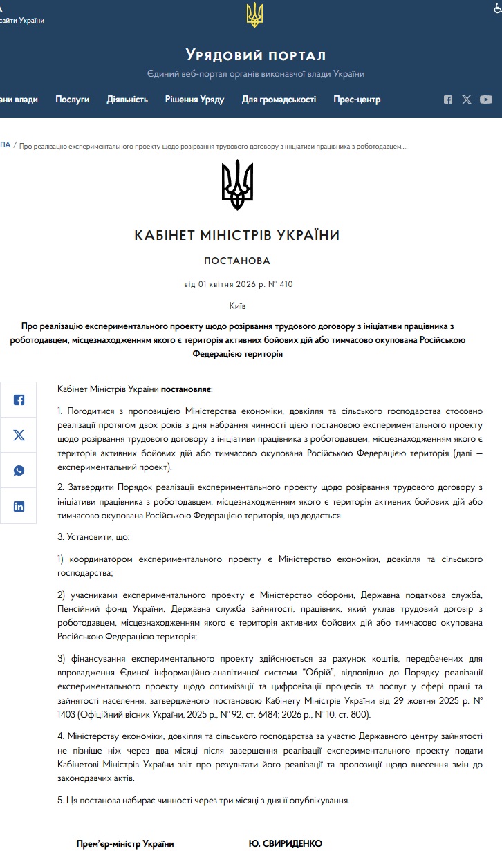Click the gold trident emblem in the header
[255, 15]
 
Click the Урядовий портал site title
[255, 55]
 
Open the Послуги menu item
[73, 100]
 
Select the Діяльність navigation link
[127, 100]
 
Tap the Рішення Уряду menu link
[194, 100]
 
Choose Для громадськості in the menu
[279, 100]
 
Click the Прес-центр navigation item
[357, 100]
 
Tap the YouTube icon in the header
[486, 100]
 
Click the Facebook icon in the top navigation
[448, 100]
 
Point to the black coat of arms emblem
[237, 185]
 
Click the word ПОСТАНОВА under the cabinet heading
[237, 261]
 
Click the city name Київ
[237, 306]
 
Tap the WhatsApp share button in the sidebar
[19, 471]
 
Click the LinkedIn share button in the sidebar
[19, 506]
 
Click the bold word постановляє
[187, 390]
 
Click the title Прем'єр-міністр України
[125, 843]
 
